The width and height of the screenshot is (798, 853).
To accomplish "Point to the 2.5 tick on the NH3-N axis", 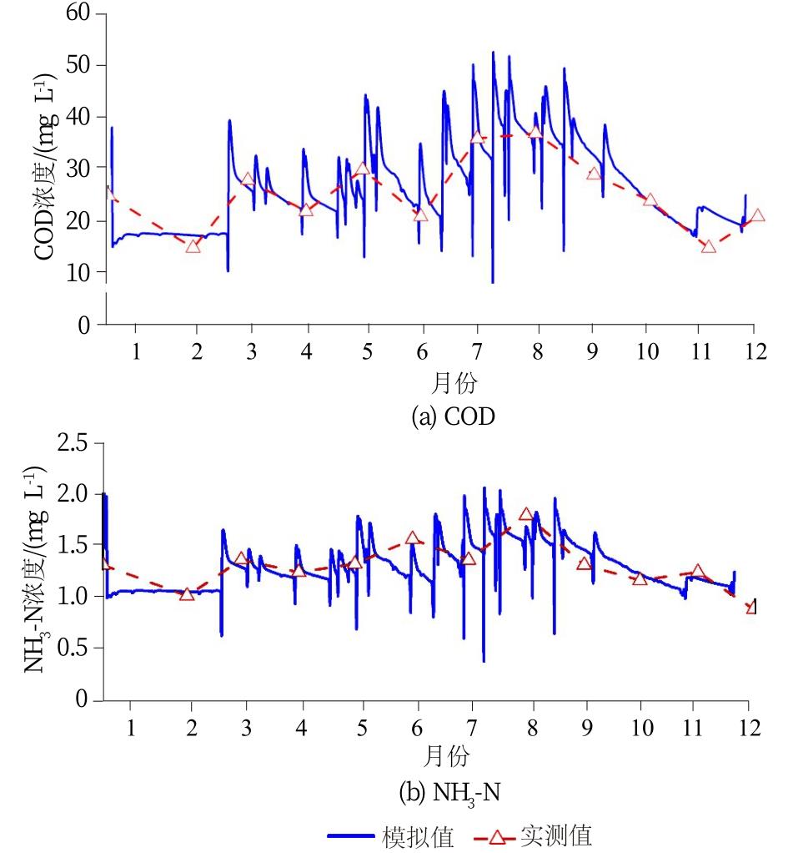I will click(x=77, y=442).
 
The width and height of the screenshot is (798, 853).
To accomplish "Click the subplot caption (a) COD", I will click(x=453, y=416).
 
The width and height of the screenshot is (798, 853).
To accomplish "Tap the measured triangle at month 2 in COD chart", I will click(x=193, y=245).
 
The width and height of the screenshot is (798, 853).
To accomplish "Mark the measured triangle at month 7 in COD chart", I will click(x=477, y=137).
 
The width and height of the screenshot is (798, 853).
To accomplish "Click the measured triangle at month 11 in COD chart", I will click(x=709, y=245).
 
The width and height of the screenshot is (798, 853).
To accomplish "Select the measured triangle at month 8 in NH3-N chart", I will click(x=525, y=514).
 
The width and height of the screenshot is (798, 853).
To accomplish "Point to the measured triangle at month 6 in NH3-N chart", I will click(x=412, y=538).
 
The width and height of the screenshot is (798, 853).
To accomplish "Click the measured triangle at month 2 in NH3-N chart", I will click(x=187, y=593).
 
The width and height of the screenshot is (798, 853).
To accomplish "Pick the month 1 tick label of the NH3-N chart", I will click(x=130, y=726).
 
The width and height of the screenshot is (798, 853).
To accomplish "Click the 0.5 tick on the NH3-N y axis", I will click(x=77, y=648).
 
